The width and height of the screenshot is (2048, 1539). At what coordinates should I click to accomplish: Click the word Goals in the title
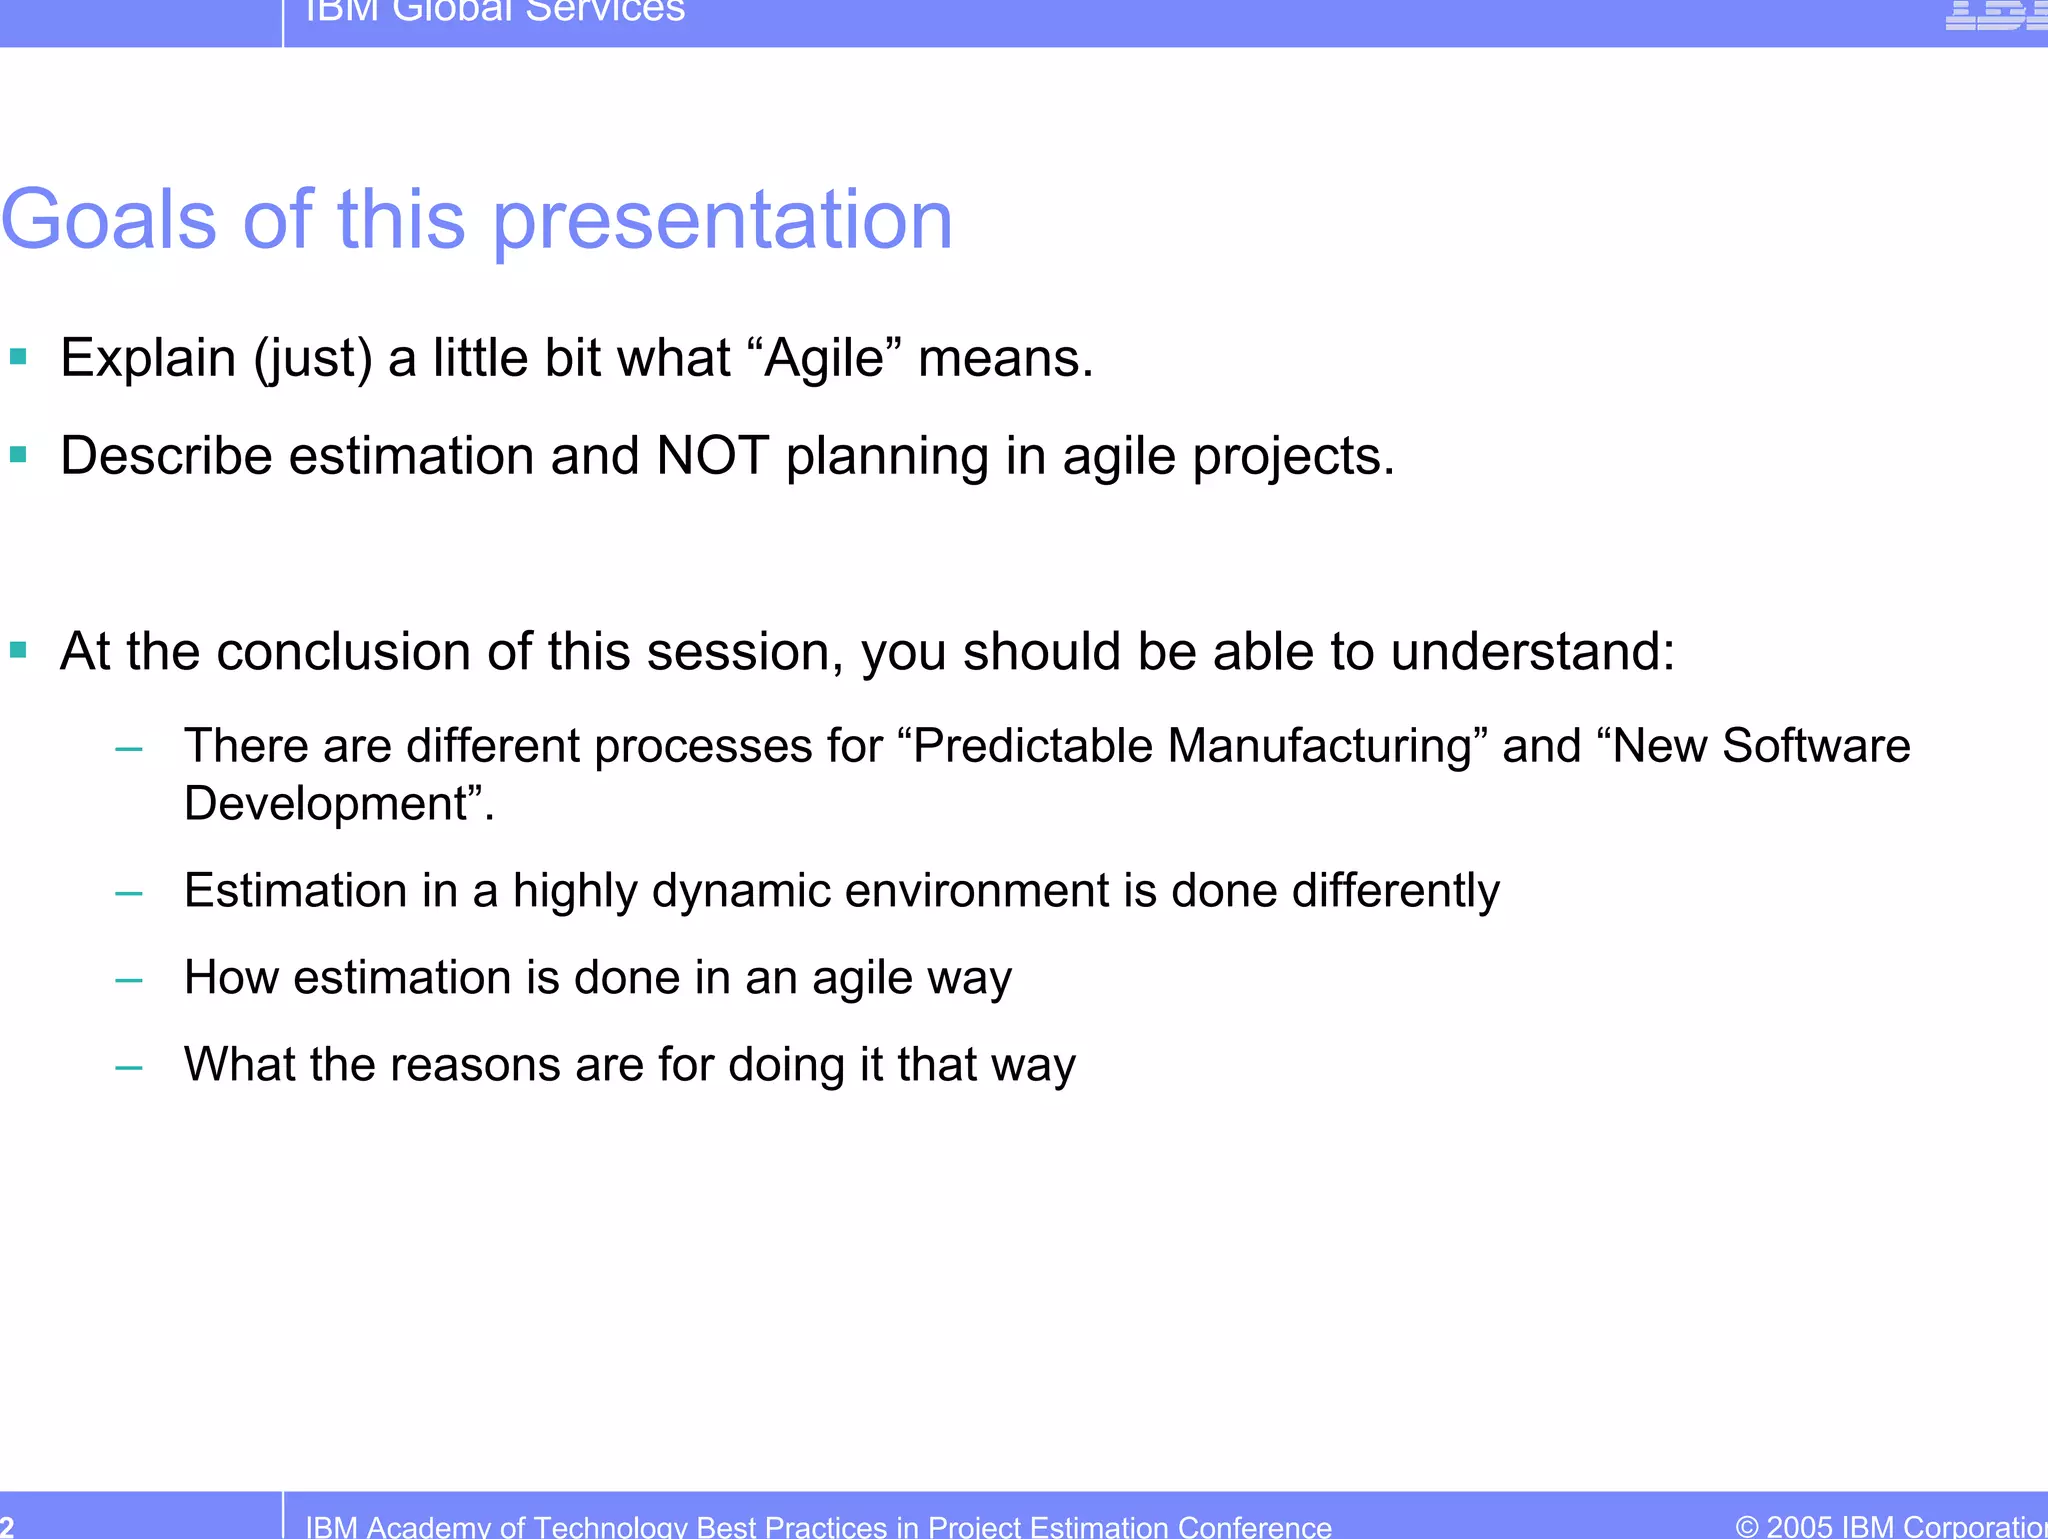(108, 220)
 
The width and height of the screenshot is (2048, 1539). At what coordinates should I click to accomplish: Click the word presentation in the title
(723, 222)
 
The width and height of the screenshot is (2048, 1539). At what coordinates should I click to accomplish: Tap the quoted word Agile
(824, 358)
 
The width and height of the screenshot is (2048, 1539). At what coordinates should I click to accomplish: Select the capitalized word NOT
(712, 456)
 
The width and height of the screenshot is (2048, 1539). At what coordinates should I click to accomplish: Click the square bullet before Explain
(18, 356)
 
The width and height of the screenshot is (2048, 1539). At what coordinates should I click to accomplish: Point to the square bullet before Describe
(18, 455)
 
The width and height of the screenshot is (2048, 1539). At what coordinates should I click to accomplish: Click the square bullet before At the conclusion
(18, 651)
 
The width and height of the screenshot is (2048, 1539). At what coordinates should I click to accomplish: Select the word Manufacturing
(1320, 746)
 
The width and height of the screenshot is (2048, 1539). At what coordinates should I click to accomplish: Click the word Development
(326, 804)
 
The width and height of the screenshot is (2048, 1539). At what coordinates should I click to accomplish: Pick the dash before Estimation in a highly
(129, 892)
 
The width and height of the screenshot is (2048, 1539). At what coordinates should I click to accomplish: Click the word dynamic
(741, 891)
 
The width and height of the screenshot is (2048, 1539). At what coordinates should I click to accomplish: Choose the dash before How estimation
(129, 979)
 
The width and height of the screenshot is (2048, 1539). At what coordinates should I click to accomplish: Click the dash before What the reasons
(129, 1067)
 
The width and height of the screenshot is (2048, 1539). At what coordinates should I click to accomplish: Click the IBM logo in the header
(1995, 14)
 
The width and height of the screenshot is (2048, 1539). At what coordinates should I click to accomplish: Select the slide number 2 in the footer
(7, 1526)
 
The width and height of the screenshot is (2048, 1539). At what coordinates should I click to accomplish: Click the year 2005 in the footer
(1799, 1526)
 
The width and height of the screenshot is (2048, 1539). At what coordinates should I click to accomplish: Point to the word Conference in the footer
(1254, 1527)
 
